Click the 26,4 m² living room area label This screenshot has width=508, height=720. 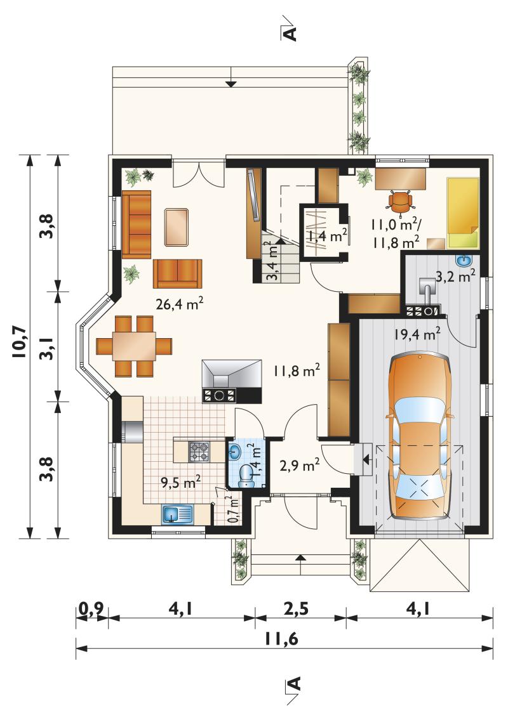[179, 303]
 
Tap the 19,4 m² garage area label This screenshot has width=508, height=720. [417, 334]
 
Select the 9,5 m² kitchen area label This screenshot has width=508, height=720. [180, 481]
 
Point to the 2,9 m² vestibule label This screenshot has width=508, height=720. [300, 466]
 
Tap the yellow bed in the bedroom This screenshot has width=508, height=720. [463, 214]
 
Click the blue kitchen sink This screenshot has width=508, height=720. [177, 514]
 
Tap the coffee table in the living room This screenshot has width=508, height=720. [177, 227]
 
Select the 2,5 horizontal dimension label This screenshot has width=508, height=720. [296, 609]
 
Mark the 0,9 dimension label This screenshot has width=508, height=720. [91, 610]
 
